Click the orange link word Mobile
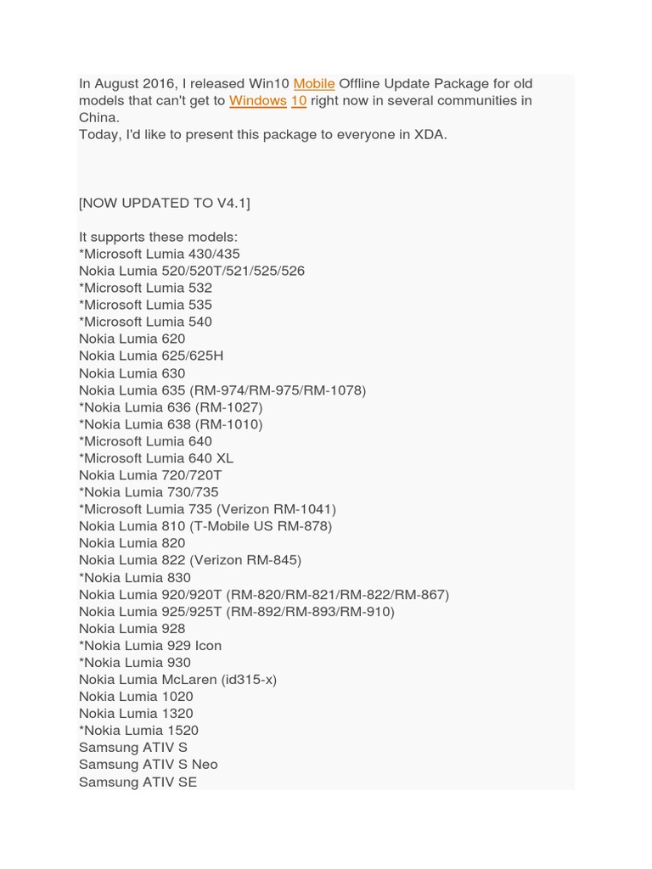point(314,83)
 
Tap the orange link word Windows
point(257,100)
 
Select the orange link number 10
point(299,100)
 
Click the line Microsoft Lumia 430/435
point(160,254)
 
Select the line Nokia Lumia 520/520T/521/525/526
point(192,271)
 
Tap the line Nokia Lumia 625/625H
point(151,356)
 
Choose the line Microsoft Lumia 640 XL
point(156,458)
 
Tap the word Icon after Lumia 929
point(208,645)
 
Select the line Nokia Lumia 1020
point(136,696)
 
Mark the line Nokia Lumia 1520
point(139,730)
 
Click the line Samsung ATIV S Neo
point(149,764)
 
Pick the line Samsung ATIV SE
point(138,782)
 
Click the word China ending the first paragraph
point(98,117)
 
